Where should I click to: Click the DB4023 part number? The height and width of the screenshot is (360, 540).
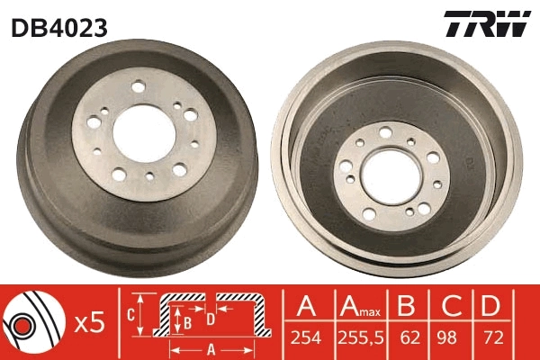pos(58,28)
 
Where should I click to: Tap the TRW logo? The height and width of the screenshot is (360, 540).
pos(486,25)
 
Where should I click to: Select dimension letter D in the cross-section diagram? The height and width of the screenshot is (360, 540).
pos(211,318)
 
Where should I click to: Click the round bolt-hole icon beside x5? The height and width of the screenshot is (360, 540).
pos(31,322)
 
